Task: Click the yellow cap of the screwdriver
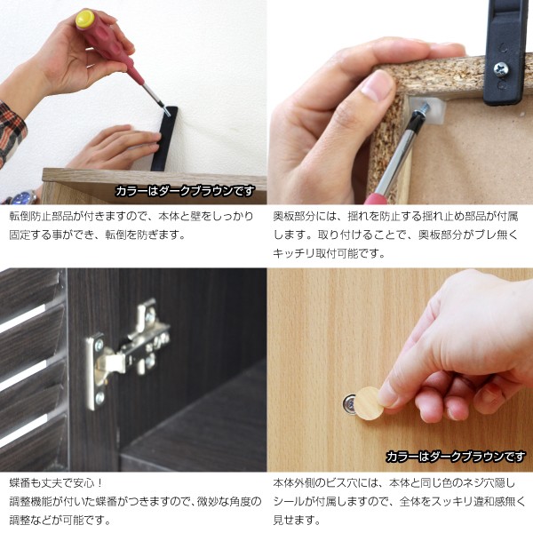point(84,19)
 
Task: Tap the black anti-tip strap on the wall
point(165,139)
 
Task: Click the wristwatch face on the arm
point(25,198)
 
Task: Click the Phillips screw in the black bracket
point(501,68)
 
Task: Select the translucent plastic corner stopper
point(428,108)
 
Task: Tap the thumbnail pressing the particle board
point(375,84)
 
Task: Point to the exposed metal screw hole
point(349,403)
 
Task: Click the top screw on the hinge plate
point(99,346)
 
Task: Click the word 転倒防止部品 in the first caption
point(41,217)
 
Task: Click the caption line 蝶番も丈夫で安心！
point(56,482)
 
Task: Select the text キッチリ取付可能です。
point(329,253)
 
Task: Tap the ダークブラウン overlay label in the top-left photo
point(185,191)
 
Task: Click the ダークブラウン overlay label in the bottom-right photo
point(456,457)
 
